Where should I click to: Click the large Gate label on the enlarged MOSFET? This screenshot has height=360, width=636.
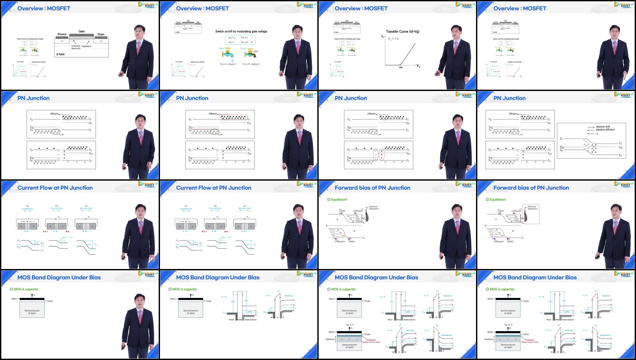[82, 31]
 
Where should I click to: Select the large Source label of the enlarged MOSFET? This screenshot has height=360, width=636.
[62, 34]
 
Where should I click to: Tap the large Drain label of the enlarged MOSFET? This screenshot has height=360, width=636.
[101, 34]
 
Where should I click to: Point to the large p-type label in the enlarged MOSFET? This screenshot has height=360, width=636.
[61, 54]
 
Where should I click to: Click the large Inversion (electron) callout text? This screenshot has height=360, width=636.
[76, 47]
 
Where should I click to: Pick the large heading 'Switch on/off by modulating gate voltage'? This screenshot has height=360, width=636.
[241, 31]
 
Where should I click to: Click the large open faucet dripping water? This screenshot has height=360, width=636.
[227, 53]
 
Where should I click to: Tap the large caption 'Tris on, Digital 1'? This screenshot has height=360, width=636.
[228, 64]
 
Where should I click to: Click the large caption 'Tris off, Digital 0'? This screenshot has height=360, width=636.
[251, 64]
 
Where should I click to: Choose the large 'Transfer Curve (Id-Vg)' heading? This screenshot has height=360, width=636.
[403, 31]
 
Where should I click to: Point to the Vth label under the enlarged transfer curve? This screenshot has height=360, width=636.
[401, 68]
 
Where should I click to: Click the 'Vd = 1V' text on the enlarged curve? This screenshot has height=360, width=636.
[393, 39]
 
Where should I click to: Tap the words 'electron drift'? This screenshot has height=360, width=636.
[603, 127]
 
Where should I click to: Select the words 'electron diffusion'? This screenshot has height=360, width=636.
[605, 130]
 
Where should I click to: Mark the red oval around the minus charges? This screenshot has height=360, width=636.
[376, 154]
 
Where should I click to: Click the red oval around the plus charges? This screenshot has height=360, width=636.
[382, 154]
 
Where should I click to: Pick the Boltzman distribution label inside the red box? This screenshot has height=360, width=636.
[532, 208]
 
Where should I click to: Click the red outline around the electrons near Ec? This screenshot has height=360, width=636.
[233, 117]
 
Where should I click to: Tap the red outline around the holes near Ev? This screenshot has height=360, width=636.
[205, 132]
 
